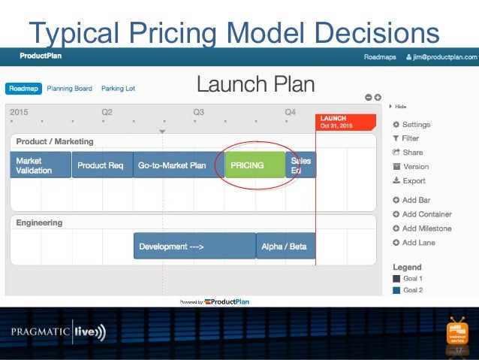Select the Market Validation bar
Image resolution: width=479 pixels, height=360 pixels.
coord(41,165)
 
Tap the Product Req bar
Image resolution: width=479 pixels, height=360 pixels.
coord(101,165)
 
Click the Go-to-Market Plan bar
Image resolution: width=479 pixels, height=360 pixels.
coord(172,165)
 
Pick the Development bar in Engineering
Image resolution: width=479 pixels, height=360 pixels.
coord(194,246)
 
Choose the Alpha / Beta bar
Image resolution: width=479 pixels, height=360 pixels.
coord(286,246)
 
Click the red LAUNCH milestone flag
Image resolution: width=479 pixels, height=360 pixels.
coord(345,123)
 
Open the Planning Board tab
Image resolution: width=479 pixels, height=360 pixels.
coord(69,89)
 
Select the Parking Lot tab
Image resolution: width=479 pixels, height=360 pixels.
coord(118,89)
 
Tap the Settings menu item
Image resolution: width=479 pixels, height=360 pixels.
coord(415,124)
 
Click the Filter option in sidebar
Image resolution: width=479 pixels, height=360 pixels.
coord(410,138)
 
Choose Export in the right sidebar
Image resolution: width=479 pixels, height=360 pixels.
coord(413,180)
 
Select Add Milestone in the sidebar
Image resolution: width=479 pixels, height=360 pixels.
coord(426,228)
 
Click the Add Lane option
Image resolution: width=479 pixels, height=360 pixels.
coord(417,243)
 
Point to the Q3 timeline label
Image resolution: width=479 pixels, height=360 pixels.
coord(198,112)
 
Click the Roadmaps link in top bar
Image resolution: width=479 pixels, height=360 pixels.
coord(380,56)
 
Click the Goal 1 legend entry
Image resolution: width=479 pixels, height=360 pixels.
coord(412,278)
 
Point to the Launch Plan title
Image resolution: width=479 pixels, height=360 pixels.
coord(255,83)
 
